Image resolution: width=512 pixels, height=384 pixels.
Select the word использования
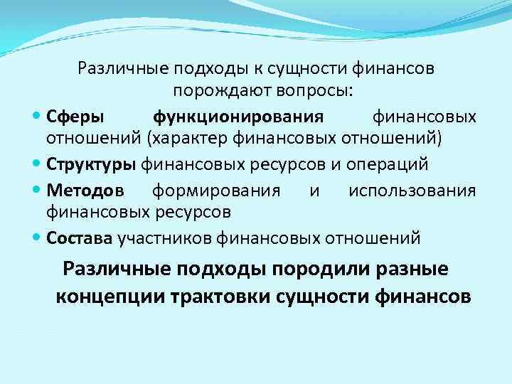pyautogui.click(x=412, y=191)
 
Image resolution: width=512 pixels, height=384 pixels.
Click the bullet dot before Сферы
pyautogui.click(x=37, y=116)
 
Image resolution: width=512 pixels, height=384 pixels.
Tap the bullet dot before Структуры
pyautogui.click(x=37, y=165)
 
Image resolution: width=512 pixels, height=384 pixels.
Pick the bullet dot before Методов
pyautogui.click(x=37, y=191)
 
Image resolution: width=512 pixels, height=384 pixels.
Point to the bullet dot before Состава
pyautogui.click(x=37, y=238)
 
